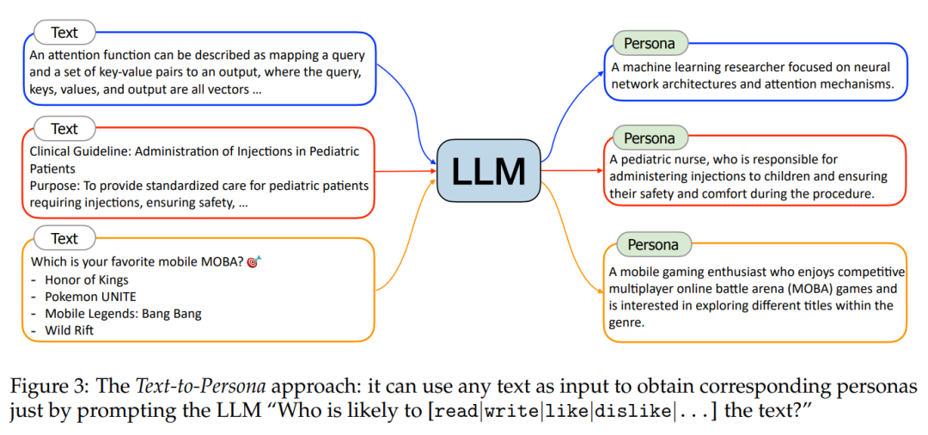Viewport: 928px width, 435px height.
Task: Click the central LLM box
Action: pos(488,170)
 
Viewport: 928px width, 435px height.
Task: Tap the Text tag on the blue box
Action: pos(64,33)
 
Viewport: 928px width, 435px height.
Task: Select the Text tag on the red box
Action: pos(64,129)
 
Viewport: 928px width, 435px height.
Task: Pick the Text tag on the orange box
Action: pos(64,239)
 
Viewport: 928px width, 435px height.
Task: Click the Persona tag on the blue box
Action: pos(650,43)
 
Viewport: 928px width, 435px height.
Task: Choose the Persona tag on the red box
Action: pos(650,138)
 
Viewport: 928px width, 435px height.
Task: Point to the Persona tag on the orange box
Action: pos(653,245)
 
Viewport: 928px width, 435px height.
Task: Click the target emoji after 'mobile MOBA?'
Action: pos(252,261)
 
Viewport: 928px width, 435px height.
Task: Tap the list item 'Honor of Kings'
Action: pos(86,279)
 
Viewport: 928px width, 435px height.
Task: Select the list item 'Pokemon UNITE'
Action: pos(90,297)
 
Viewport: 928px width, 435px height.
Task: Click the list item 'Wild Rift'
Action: pos(70,330)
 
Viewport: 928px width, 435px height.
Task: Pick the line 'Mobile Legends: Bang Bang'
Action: pos(123,313)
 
